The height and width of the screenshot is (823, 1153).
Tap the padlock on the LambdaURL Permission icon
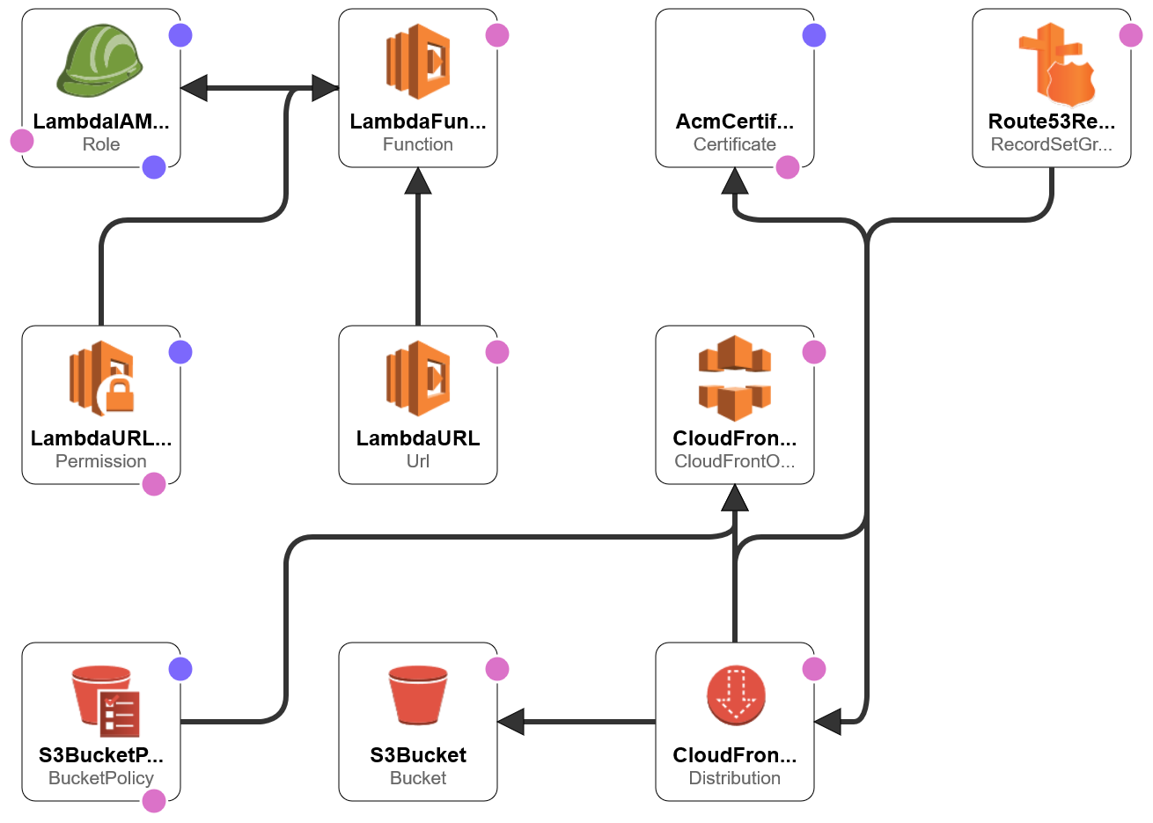(120, 395)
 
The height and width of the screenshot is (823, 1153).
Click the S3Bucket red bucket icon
(418, 694)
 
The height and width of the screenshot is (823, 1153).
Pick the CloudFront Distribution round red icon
(735, 695)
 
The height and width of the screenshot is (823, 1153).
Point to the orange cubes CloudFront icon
(735, 378)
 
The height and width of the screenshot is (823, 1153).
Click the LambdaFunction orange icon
(418, 62)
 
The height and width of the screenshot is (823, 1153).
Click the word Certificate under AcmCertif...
(734, 144)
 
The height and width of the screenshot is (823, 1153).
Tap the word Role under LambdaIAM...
(100, 144)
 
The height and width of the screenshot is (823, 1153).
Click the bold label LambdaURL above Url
(418, 438)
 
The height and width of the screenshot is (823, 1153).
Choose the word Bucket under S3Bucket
(418, 778)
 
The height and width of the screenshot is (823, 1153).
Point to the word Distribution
(734, 778)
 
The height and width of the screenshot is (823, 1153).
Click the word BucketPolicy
(100, 778)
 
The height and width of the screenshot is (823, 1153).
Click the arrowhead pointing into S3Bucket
(511, 722)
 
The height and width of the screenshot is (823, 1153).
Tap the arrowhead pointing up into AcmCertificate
(735, 181)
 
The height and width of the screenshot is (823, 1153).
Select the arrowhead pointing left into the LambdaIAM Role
(194, 88)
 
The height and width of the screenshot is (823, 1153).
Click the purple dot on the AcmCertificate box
(814, 35)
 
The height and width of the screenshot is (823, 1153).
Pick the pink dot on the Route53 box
(1131, 35)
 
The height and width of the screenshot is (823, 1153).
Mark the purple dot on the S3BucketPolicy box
(180, 669)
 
